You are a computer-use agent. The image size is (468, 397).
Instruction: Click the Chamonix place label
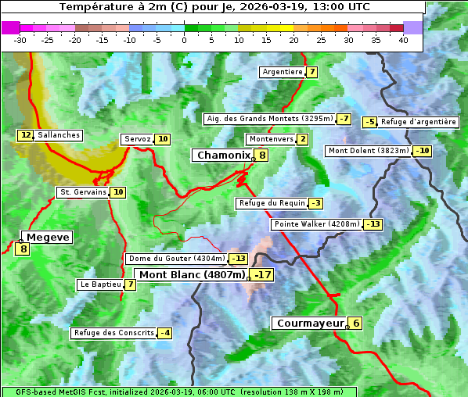click(222, 156)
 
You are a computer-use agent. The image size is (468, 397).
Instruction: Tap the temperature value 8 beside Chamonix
click(263, 156)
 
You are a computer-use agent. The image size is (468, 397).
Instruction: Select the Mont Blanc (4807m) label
click(193, 274)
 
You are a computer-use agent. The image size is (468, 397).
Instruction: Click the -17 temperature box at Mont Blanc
click(263, 275)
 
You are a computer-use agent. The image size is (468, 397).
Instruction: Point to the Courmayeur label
click(311, 323)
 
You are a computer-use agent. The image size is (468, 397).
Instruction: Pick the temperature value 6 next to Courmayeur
click(356, 323)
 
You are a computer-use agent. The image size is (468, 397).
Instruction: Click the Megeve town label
click(48, 237)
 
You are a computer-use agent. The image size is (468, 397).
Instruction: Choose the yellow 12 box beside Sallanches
click(26, 135)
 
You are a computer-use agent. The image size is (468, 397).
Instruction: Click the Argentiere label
click(283, 72)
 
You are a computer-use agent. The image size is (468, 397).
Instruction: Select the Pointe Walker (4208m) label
click(317, 224)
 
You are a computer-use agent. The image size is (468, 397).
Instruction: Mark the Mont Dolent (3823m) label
click(369, 151)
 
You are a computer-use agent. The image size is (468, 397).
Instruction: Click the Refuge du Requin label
click(272, 203)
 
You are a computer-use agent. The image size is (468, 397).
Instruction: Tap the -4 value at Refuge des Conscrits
click(164, 333)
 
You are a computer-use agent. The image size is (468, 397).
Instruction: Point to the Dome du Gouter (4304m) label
click(177, 259)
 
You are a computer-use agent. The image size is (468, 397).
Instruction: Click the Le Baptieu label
click(100, 284)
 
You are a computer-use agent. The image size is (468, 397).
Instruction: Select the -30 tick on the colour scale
click(20, 40)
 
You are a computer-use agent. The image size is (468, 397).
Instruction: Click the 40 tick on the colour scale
click(403, 40)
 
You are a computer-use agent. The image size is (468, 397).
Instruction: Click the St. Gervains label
click(83, 192)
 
